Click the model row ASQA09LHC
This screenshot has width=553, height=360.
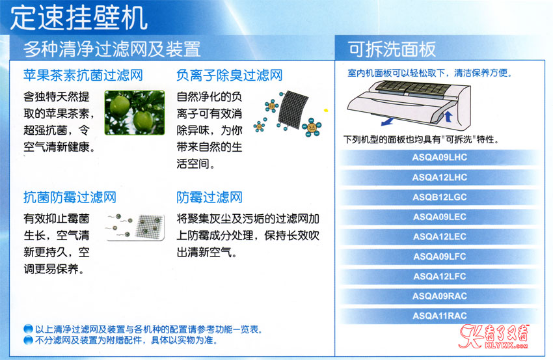click(439, 158)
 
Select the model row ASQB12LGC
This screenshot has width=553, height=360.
click(439, 197)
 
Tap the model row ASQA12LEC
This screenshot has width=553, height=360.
click(439, 236)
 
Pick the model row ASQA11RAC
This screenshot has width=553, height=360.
click(439, 316)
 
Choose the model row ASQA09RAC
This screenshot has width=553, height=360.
click(439, 296)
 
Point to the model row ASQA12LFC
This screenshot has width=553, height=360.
click(439, 276)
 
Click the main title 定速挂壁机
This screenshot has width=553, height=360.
click(79, 18)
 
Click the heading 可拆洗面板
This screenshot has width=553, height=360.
click(392, 49)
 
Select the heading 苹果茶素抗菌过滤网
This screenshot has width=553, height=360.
click(83, 75)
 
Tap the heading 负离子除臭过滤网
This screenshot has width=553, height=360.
click(230, 75)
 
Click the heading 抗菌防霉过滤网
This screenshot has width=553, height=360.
click(70, 197)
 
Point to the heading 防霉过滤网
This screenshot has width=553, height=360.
click(209, 197)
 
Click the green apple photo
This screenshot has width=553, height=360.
click(135, 113)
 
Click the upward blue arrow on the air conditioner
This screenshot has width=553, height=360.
click(448, 116)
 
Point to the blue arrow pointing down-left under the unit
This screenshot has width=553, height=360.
click(388, 122)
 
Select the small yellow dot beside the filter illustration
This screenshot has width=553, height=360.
click(326, 111)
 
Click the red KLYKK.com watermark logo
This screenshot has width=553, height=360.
click(493, 336)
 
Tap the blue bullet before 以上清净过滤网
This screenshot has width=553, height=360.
click(28, 329)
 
